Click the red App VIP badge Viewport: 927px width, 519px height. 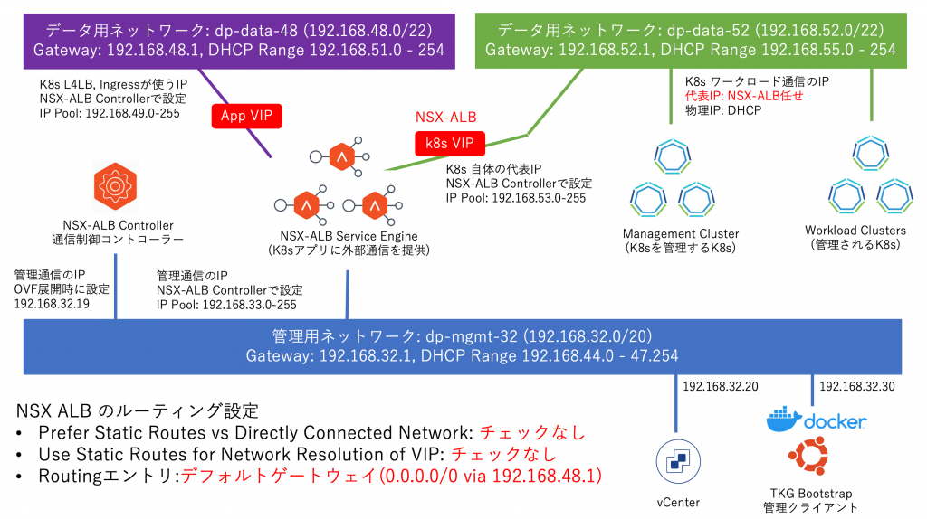click(246, 116)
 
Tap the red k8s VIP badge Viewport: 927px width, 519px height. click(449, 143)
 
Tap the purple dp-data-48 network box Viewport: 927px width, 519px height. click(238, 38)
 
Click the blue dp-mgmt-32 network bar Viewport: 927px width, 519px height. click(462, 344)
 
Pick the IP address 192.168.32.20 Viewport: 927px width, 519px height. click(721, 387)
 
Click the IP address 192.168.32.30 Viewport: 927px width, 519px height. click(856, 387)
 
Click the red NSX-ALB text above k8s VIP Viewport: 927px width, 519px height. click(445, 118)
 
